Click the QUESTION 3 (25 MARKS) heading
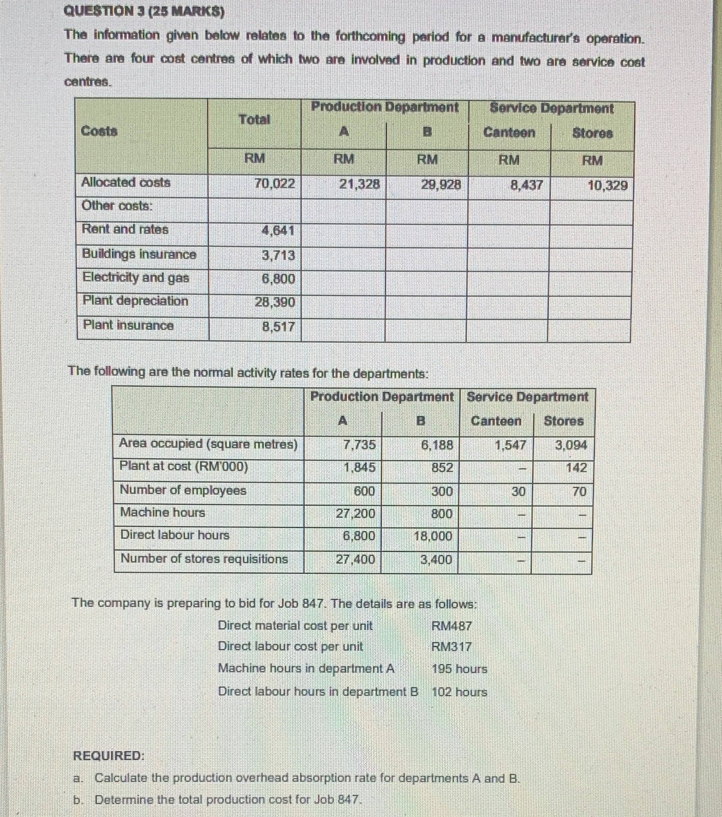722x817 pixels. pos(143,11)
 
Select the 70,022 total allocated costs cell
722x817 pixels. pos(274,184)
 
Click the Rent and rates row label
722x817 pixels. pos(125,229)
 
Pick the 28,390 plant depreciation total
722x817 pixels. pos(275,302)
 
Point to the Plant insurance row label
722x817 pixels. pos(128,325)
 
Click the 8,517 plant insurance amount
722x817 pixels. pos(278,327)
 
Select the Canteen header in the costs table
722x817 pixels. pos(509,133)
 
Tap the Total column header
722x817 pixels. pos(254,119)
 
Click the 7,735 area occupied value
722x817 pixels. pos(360,445)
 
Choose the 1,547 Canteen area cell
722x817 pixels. pos(510,446)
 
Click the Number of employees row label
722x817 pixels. pos(183,490)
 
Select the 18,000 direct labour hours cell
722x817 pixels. pos(433,536)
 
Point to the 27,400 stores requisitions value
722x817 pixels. pos(355,559)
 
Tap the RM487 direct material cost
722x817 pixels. pos(451,626)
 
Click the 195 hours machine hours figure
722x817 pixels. pos(459,669)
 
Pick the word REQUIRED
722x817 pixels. pos(109,756)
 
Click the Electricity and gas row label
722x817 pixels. pos(136,278)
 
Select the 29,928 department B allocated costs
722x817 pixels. pos(441,184)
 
